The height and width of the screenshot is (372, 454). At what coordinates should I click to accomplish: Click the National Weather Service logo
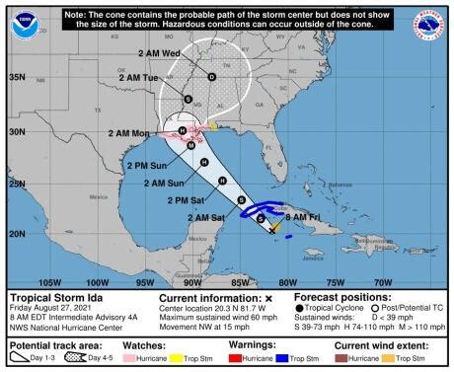click(432, 25)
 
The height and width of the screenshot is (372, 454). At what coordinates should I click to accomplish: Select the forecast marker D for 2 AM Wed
click(211, 76)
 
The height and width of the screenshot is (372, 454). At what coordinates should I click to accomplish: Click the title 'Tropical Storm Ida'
click(59, 296)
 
